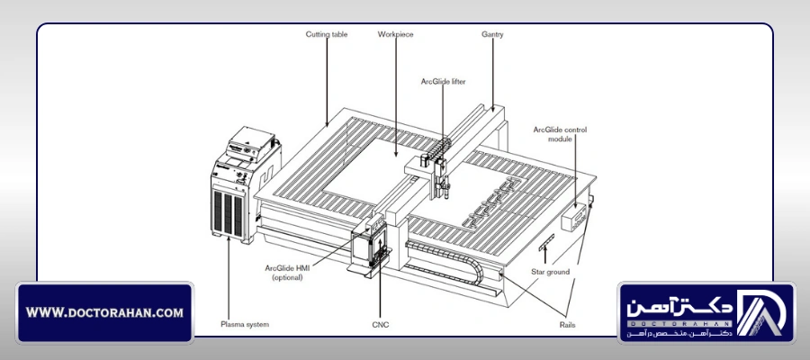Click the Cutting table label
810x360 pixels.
(327, 34)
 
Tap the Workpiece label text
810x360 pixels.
(395, 34)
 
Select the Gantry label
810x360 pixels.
(492, 34)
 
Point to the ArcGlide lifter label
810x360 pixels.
(443, 82)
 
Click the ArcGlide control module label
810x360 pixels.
(560, 134)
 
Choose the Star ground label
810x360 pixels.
(550, 272)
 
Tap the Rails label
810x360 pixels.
(567, 325)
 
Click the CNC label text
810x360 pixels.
(380, 325)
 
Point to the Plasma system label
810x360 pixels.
(245, 325)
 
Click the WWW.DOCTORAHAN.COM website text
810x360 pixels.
(104, 312)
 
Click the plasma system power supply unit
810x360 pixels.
(245, 184)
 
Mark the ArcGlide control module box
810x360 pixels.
(574, 216)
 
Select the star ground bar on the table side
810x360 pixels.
(546, 242)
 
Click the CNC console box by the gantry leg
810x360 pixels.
(368, 244)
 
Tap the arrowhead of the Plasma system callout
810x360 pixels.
(229, 239)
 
